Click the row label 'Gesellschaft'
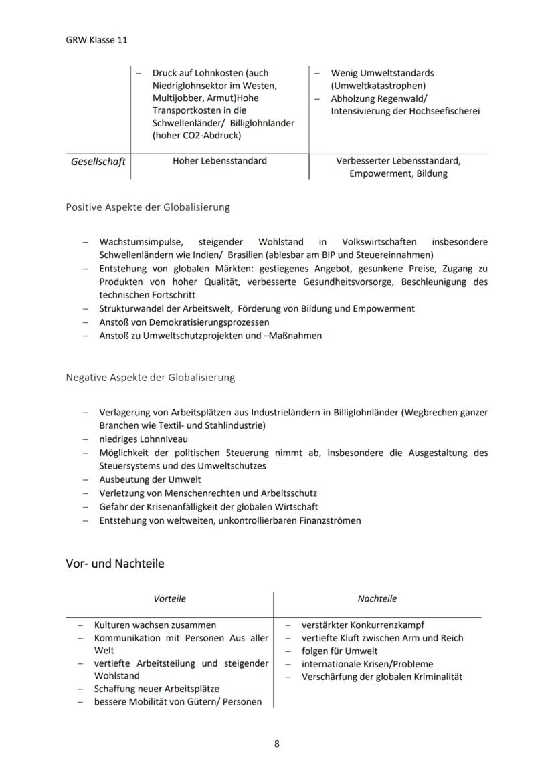98,162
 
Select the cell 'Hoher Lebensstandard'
219,161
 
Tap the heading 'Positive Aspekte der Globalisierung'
147,207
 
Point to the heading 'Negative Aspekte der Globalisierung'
150,377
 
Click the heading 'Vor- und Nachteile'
114,564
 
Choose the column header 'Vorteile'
170,599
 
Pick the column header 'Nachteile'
377,599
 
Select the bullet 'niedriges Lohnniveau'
143,439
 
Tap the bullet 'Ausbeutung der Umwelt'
150,479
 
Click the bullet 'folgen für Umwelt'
339,651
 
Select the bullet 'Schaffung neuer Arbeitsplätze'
157,689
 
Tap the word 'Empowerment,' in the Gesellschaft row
375,174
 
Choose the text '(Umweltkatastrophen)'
377,86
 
